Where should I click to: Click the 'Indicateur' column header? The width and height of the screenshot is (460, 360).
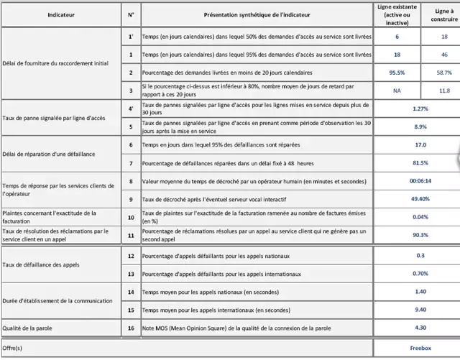pos(59,14)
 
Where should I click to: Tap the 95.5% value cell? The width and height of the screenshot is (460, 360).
pos(397,73)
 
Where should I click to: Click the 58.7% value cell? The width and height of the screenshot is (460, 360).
pos(444,73)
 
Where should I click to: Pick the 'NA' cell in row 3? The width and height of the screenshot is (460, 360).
pos(397,91)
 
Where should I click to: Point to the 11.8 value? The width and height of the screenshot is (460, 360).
pos(444,91)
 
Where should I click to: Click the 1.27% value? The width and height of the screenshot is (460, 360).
pos(421,109)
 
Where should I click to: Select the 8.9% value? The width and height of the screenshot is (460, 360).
pos(421,126)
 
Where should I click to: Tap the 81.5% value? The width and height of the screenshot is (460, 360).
pos(421,162)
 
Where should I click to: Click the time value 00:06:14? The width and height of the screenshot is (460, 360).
pos(421,180)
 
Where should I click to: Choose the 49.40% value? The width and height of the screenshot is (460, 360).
pos(421,198)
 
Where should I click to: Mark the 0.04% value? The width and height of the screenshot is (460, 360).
pos(421,216)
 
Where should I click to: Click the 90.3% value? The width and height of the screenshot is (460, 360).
pos(421,234)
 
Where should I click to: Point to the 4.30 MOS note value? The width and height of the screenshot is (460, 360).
pos(421,328)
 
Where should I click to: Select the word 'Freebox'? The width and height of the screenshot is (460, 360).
pos(421,348)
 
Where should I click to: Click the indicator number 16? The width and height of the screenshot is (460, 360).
pos(130,328)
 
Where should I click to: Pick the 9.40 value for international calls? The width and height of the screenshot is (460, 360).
pos(421,310)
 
